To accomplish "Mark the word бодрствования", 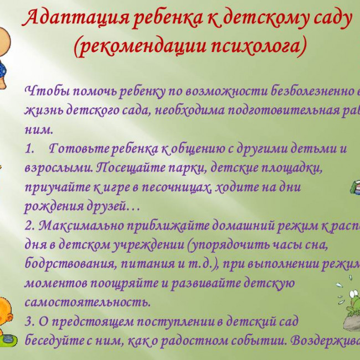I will click(x=67, y=265).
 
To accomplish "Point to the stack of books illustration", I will click(x=355, y=188).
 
